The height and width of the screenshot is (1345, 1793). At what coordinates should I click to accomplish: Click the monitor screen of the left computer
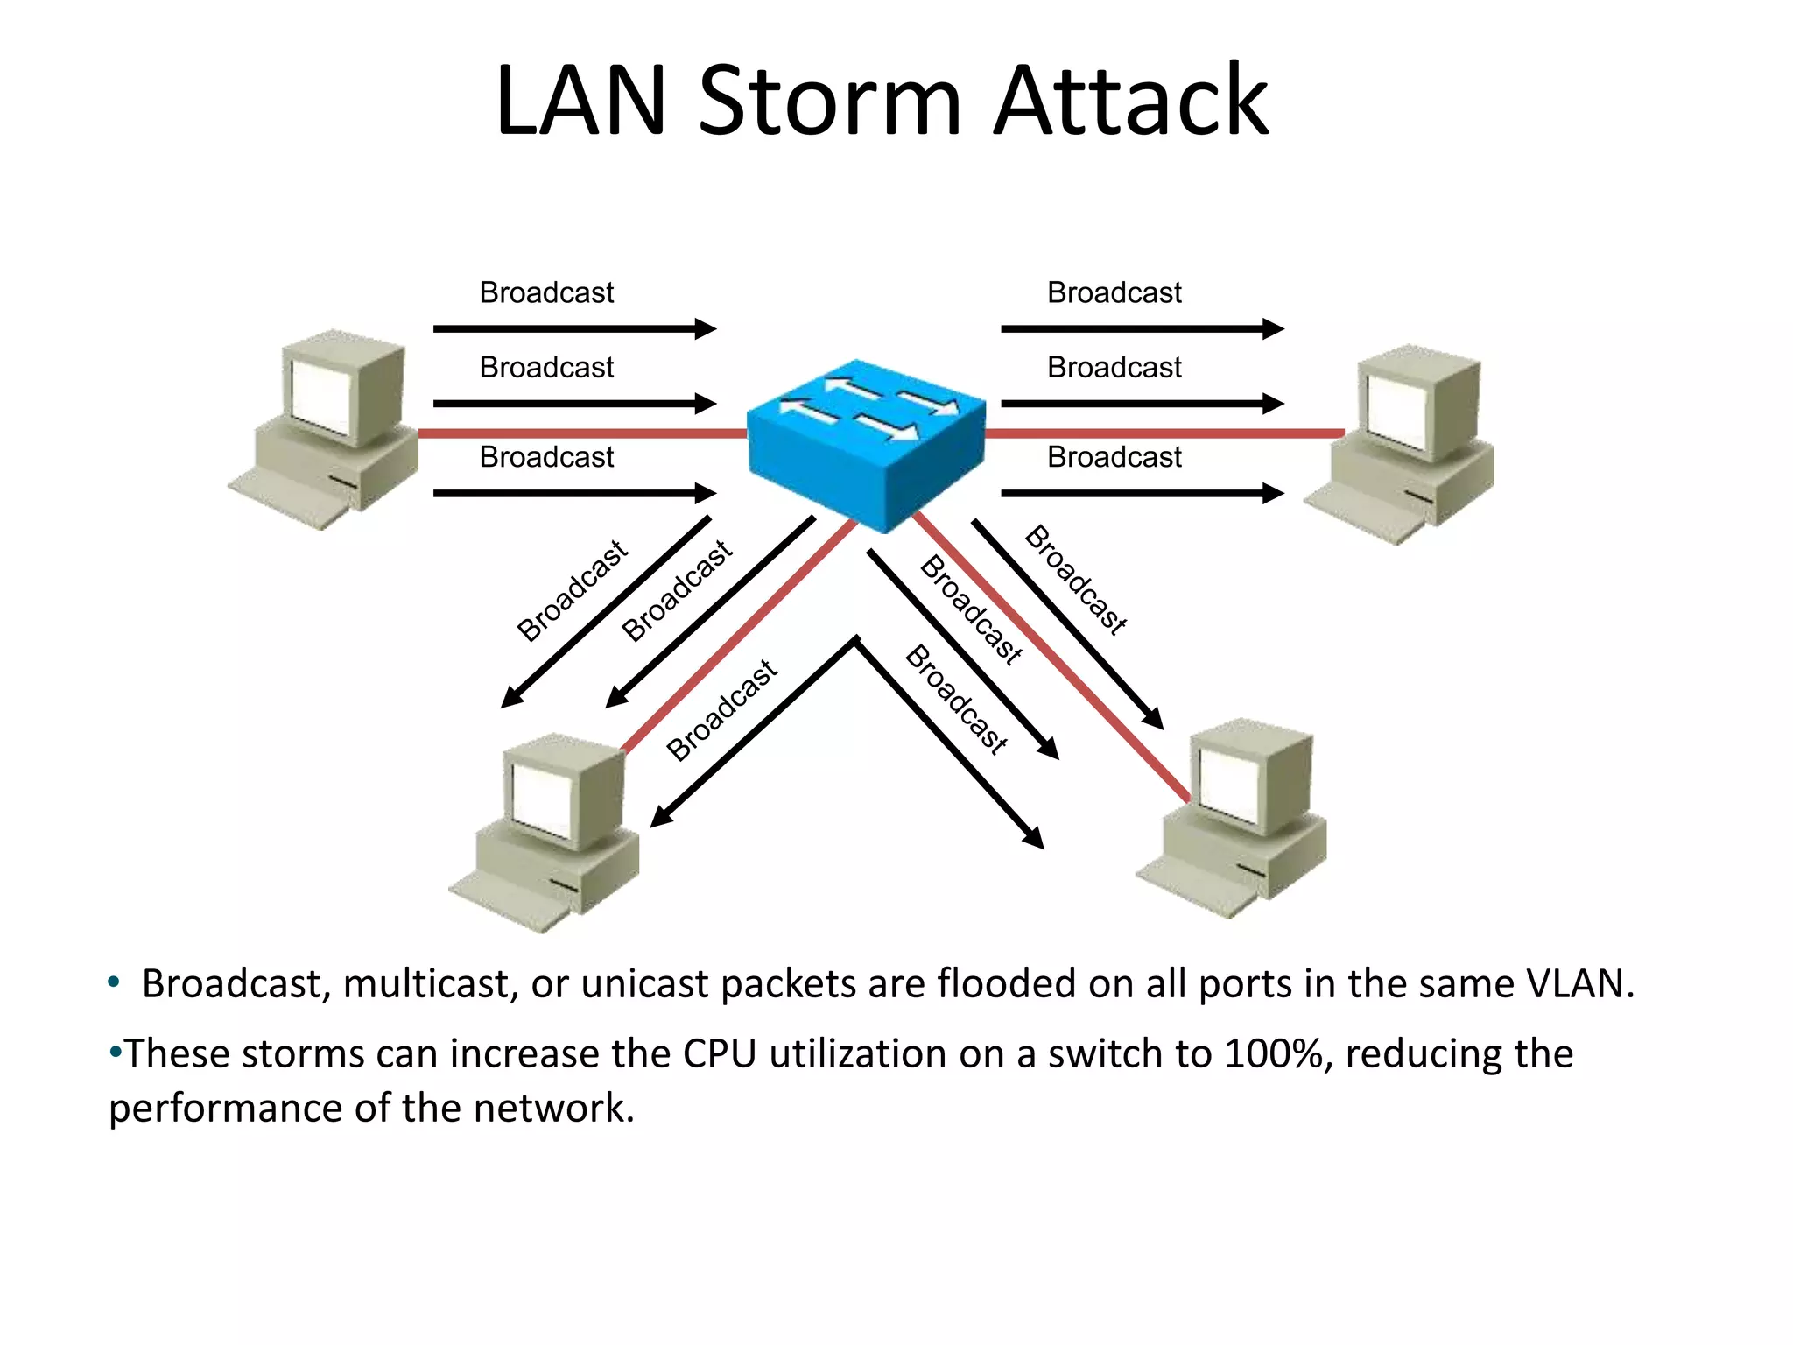(320, 395)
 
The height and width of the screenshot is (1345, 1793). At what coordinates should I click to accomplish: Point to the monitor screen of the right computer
(1398, 409)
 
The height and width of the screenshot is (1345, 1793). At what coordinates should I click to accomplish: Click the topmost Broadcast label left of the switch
(546, 292)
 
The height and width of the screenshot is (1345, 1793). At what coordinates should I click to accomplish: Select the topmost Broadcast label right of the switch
(1114, 292)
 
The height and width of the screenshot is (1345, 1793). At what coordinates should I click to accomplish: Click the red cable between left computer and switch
(578, 433)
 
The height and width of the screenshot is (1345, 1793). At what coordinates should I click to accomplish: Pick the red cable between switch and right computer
(1164, 433)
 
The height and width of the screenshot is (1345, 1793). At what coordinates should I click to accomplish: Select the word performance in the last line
(225, 1109)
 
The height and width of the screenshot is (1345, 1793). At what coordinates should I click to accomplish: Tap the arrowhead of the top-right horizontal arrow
(1274, 329)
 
